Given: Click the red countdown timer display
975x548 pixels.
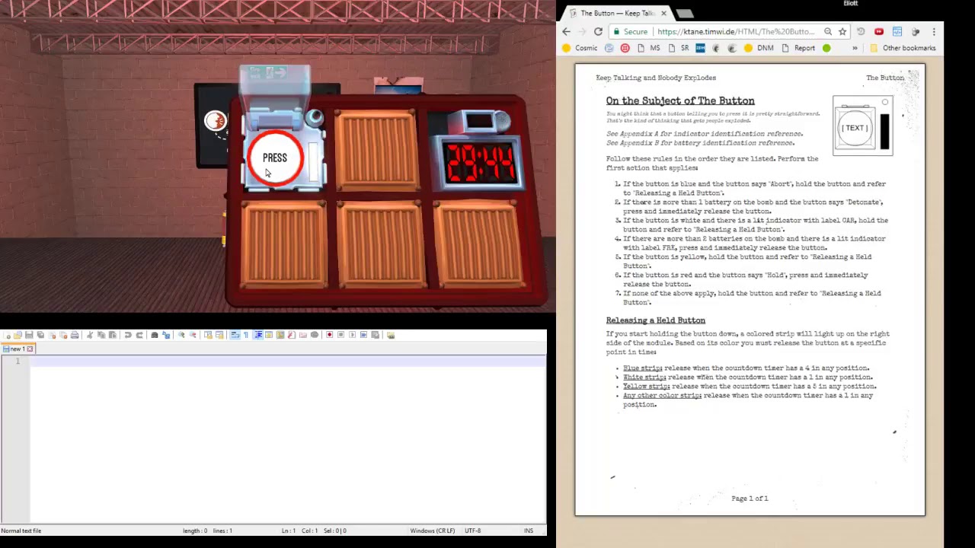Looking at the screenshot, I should [x=481, y=163].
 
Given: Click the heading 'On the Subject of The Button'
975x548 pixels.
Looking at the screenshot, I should [x=680, y=100].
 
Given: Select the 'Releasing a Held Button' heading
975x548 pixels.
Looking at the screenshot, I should [x=656, y=320].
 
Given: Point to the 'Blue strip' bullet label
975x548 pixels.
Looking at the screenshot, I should [x=642, y=368].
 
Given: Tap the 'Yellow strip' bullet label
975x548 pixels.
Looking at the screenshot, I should [x=645, y=387].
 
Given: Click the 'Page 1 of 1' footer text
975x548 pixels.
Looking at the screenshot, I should [x=750, y=499].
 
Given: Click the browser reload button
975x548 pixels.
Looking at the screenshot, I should [x=598, y=31].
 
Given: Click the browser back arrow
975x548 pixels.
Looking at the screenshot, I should [x=566, y=31].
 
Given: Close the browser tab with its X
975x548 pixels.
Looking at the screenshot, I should [x=663, y=13].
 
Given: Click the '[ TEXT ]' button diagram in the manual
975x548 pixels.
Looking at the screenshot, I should [x=855, y=128].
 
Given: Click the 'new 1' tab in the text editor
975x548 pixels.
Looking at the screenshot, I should [x=17, y=349].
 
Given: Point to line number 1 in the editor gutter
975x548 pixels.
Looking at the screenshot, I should [x=18, y=361].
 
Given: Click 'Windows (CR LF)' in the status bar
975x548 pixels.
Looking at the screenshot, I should [x=432, y=530].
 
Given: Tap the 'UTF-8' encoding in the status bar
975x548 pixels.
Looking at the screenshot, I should [x=472, y=530].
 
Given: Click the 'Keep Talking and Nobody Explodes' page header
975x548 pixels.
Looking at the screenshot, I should [x=656, y=78].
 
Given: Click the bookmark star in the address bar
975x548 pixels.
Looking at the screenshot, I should [x=842, y=31].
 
